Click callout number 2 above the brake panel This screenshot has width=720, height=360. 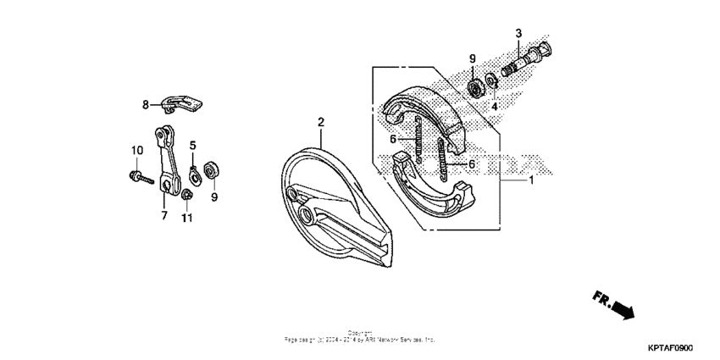coord(321,123)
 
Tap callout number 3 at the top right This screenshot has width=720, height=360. coord(518,33)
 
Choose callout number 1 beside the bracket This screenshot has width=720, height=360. coord(531,180)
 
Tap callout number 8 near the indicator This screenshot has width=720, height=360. coord(145,104)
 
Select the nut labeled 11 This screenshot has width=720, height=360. coord(186,197)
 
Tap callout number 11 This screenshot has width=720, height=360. coord(186,218)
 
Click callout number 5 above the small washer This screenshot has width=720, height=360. coord(192,145)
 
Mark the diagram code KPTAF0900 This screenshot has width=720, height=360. coord(671,347)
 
